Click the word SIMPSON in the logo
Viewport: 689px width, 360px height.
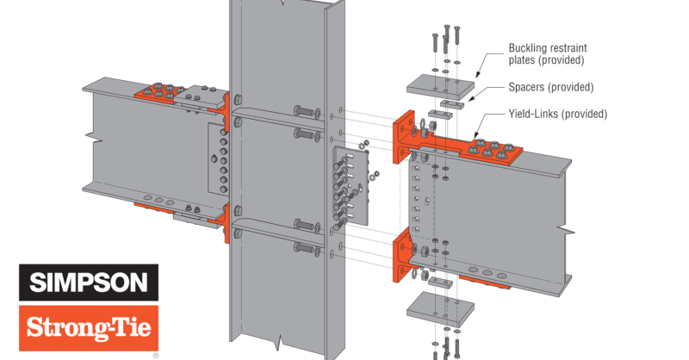tap(88, 282)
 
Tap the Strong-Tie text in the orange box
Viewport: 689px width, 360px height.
tap(88, 328)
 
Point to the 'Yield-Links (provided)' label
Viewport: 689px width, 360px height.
tap(557, 114)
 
